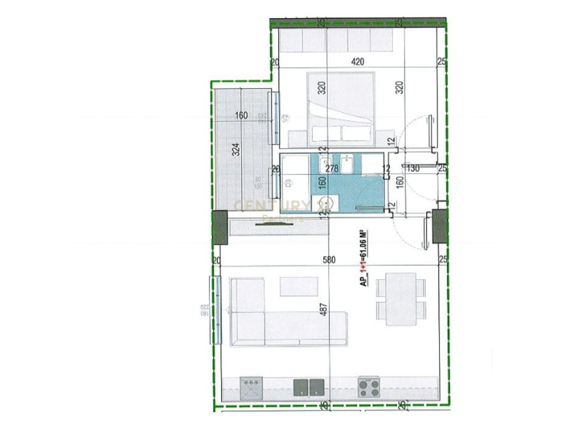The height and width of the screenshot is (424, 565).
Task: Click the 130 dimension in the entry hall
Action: [x=413, y=168]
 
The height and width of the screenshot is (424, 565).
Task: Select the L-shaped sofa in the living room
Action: [x=276, y=320]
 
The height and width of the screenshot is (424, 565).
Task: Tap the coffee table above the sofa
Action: [x=299, y=286]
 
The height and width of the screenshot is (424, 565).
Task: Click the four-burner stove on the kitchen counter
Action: [x=369, y=387]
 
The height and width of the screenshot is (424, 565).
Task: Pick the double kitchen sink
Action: [x=308, y=387]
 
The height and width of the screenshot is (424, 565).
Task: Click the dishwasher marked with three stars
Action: [x=252, y=387]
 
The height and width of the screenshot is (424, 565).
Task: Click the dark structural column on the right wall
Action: [x=440, y=226]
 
